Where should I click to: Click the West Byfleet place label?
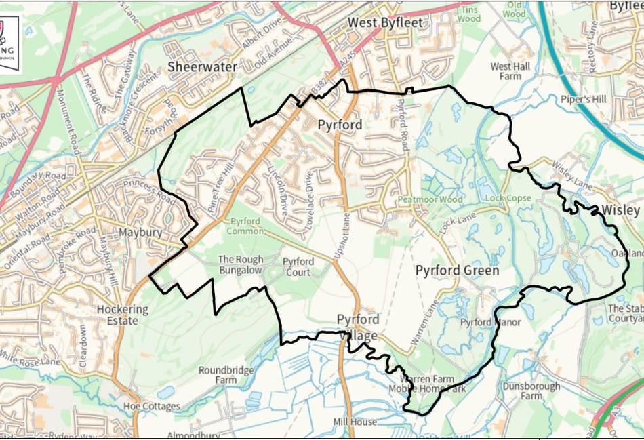click(x=384, y=22)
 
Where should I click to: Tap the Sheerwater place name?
click(x=203, y=66)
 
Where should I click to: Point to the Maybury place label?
click(x=140, y=232)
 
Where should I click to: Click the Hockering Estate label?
click(x=122, y=315)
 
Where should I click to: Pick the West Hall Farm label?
click(x=510, y=71)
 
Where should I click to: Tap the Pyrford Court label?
click(x=298, y=266)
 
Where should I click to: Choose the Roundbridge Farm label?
click(x=226, y=376)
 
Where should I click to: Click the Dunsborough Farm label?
click(x=531, y=391)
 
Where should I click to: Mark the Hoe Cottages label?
click(x=152, y=406)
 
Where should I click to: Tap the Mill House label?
click(x=355, y=422)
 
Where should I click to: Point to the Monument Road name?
click(x=66, y=117)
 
